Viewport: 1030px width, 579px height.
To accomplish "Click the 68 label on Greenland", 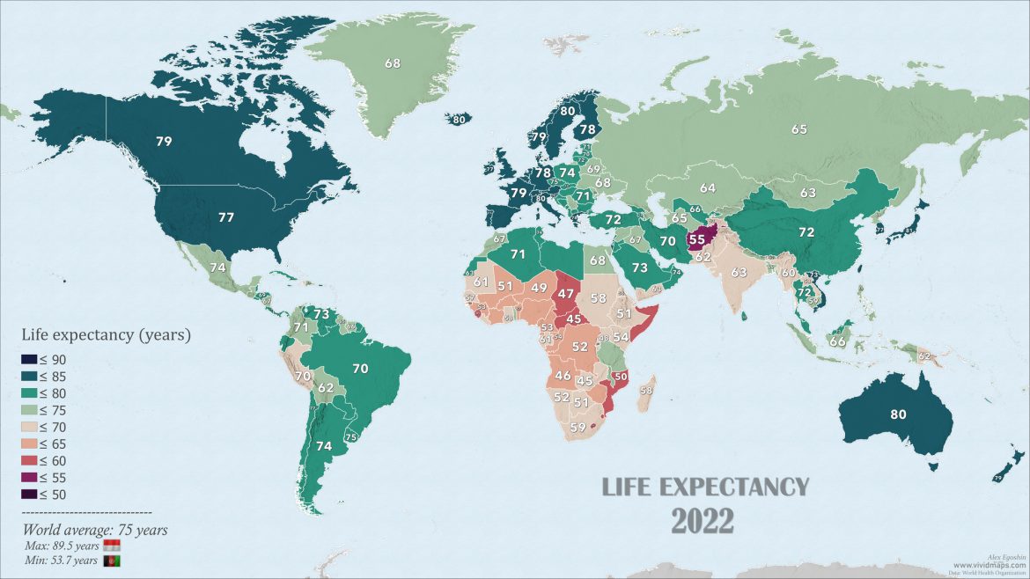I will (x=393, y=63).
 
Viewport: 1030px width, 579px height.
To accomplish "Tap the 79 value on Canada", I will (x=164, y=141).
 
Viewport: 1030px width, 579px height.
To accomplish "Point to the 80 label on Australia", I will (x=898, y=414).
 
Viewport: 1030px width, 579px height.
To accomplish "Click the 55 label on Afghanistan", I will (x=696, y=238).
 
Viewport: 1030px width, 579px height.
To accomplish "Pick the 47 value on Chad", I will (x=566, y=294).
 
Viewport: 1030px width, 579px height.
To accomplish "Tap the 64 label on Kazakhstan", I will (x=708, y=187).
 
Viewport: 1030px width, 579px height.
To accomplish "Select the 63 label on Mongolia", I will (x=808, y=192).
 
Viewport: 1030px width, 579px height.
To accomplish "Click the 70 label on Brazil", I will (x=359, y=370).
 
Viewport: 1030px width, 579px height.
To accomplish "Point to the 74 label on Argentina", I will (x=324, y=446).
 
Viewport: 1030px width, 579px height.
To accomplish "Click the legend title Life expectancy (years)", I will (x=106, y=335).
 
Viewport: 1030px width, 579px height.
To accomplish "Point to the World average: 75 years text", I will (x=94, y=531).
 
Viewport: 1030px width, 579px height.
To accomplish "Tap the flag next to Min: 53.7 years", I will (x=112, y=561).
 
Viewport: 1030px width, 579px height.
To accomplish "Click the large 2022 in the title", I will (x=703, y=520).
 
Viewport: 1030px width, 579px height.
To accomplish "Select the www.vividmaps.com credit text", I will (x=986, y=566).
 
